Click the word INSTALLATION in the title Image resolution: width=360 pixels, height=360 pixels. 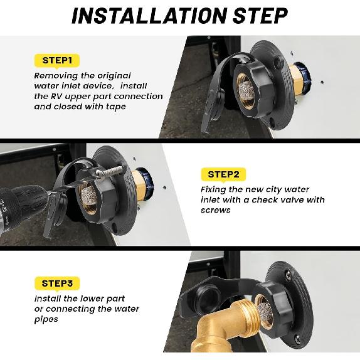point(149,16)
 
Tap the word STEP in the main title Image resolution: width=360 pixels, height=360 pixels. point(260,16)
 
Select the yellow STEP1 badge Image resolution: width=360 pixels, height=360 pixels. point(57,61)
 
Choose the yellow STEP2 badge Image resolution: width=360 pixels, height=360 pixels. point(223,174)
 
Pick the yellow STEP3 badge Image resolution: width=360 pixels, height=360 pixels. point(57,283)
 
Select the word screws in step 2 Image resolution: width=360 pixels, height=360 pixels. point(215,210)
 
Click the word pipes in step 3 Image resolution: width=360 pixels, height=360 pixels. point(46,319)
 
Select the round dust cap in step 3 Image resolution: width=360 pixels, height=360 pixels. point(208,300)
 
